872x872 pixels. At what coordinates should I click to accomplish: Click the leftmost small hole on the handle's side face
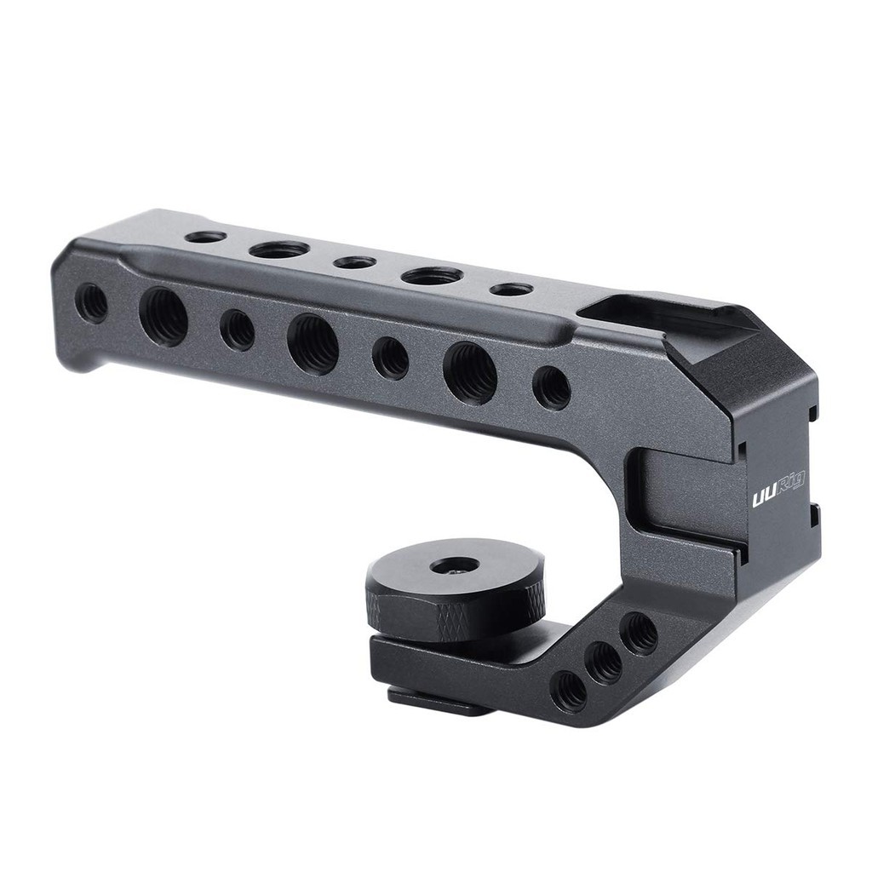(92, 302)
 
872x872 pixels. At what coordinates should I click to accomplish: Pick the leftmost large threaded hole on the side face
(163, 316)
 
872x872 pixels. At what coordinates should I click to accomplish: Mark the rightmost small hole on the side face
(551, 387)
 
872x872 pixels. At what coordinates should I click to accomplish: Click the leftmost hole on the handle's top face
(206, 236)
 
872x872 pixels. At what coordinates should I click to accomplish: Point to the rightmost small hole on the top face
(508, 290)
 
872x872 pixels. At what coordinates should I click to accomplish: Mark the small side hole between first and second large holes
(237, 330)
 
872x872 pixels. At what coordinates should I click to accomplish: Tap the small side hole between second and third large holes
(390, 357)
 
